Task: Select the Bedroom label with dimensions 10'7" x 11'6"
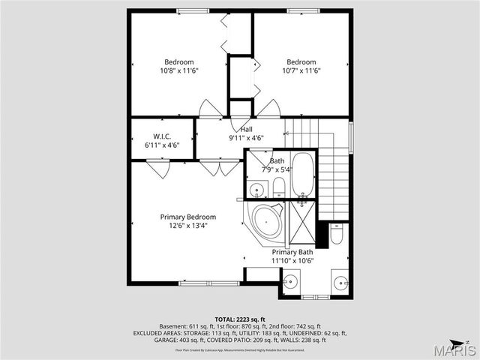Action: [x=301, y=66]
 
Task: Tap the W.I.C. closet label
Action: [x=162, y=141]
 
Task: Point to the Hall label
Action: [x=246, y=133]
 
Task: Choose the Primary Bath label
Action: [x=292, y=256]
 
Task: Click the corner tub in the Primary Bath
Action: [x=265, y=220]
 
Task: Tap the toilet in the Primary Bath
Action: [x=337, y=236]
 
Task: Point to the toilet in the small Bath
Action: [x=277, y=186]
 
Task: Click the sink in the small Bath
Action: [x=256, y=188]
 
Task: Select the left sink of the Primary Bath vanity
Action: [x=292, y=283]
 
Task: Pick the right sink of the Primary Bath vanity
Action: [x=340, y=283]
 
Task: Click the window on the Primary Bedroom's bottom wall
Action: [x=201, y=283]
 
